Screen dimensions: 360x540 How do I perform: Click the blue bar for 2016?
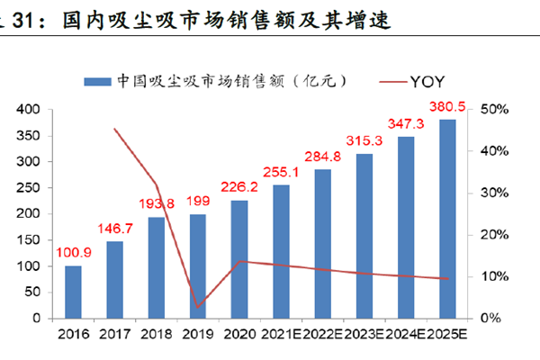[73, 292]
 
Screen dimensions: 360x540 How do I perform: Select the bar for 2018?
[157, 267]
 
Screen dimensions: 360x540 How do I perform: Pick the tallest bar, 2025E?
[447, 219]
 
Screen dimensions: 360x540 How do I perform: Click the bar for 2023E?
[364, 236]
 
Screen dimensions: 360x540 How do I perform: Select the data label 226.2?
[240, 187]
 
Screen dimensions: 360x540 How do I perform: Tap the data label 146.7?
[115, 229]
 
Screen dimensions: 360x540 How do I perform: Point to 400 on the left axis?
[30, 109]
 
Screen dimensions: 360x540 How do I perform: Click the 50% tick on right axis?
[495, 109]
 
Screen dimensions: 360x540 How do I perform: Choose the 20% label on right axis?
[495, 235]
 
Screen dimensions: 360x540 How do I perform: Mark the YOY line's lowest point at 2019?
[198, 308]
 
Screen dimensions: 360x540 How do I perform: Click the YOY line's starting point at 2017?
[115, 129]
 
